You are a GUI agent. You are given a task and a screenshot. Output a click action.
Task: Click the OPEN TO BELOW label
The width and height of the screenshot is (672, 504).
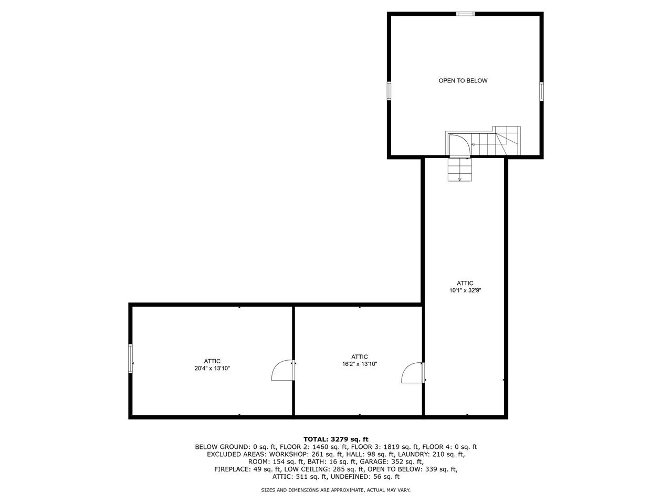463,81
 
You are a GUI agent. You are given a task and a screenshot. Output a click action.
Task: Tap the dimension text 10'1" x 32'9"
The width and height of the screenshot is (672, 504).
465,290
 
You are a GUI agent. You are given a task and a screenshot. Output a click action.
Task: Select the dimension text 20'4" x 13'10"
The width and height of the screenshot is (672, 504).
212,369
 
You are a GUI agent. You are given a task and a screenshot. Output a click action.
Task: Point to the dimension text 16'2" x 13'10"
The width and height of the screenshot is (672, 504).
360,364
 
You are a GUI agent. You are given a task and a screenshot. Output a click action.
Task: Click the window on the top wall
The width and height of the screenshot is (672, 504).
465,14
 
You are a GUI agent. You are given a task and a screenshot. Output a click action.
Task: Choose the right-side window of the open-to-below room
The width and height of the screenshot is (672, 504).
541,91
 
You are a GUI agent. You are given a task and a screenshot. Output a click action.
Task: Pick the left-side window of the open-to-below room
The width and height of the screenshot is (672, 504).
389,91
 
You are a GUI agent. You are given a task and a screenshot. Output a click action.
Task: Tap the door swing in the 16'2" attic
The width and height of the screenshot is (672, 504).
413,373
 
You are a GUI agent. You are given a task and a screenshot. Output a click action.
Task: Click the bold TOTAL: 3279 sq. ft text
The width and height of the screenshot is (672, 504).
336,439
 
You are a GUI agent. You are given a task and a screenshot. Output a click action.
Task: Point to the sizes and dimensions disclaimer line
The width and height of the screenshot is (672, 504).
336,490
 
